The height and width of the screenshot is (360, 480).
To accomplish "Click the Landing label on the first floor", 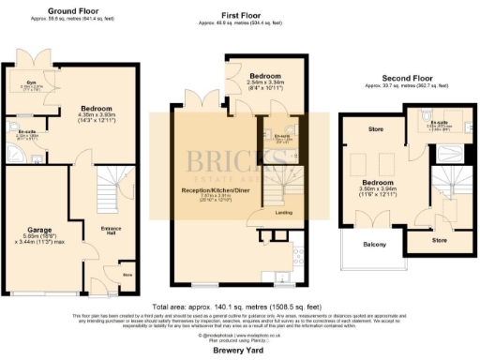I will coord(283,212).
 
